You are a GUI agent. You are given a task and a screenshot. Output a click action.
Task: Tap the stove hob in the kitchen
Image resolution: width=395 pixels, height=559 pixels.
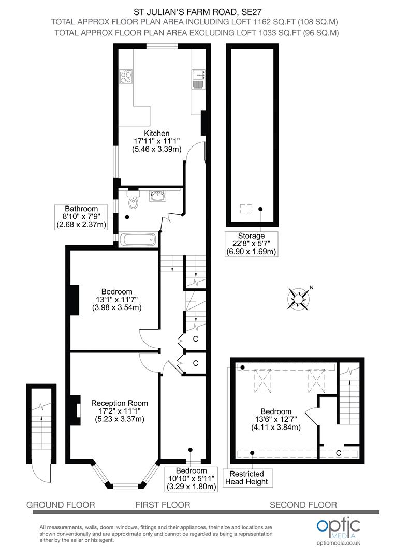pyautogui.click(x=126, y=77)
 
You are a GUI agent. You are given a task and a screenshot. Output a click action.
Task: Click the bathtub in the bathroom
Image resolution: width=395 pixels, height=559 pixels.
pyautogui.click(x=138, y=239)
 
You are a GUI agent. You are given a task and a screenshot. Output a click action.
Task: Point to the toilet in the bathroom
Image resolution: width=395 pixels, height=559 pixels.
pyautogui.click(x=134, y=201)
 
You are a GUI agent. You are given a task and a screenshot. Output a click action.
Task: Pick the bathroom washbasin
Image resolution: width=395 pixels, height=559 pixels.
pyautogui.click(x=157, y=196)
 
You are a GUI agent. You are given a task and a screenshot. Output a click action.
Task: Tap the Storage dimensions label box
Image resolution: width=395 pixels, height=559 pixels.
pyautogui.click(x=252, y=244)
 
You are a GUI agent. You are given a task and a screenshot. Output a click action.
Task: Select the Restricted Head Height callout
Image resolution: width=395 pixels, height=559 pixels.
pyautogui.click(x=246, y=478)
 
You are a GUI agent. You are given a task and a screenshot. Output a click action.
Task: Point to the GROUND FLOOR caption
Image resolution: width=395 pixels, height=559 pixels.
pyautogui.click(x=61, y=505)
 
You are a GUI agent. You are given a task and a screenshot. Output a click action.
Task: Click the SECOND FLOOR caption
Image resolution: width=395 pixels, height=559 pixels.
pyautogui.click(x=303, y=505)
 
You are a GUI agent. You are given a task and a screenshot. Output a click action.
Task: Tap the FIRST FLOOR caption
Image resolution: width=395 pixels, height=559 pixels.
pyautogui.click(x=163, y=505)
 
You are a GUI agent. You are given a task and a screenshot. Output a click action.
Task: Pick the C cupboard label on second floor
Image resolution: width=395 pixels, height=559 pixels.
pyautogui.click(x=338, y=453)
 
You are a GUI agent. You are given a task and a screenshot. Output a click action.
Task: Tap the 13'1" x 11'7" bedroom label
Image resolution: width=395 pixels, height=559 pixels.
pyautogui.click(x=117, y=299)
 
